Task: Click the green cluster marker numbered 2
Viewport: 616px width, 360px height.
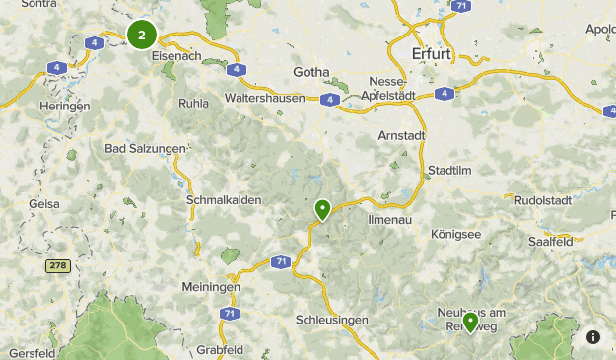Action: point(142,36)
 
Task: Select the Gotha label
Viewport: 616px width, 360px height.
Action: point(314,71)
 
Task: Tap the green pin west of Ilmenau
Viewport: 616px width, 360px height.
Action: point(322,209)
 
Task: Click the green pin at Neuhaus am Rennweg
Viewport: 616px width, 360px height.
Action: point(470,322)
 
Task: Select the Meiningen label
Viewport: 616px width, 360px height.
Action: point(211,287)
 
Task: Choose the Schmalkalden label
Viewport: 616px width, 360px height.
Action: point(224,199)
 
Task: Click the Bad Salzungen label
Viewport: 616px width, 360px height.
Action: point(145,148)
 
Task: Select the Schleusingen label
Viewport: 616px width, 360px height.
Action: point(332,320)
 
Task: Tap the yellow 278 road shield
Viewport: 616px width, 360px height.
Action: point(58,266)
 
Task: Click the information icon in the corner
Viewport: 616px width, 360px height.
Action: point(593,337)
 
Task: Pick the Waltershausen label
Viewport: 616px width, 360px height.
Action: point(269,100)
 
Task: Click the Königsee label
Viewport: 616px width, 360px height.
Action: point(456,234)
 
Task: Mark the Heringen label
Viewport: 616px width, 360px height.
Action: point(65,106)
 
